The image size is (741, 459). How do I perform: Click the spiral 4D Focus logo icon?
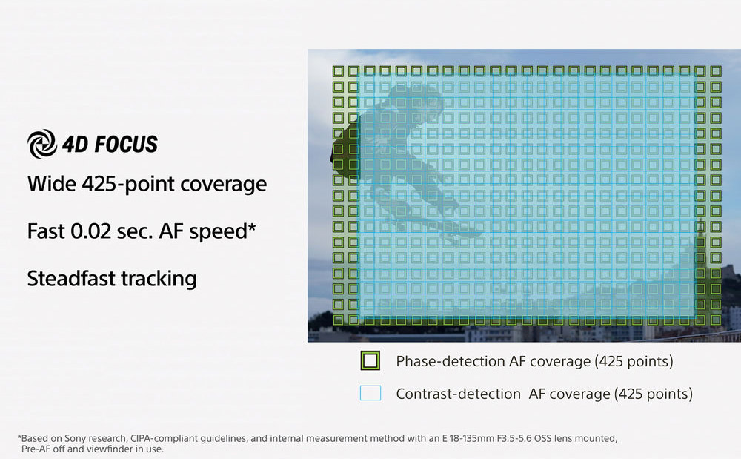(x=41, y=144)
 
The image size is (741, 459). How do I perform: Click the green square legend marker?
(x=370, y=360)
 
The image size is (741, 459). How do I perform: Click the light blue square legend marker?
(x=370, y=393)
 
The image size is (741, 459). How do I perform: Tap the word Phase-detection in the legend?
(x=450, y=361)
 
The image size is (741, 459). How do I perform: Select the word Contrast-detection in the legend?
(x=458, y=394)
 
